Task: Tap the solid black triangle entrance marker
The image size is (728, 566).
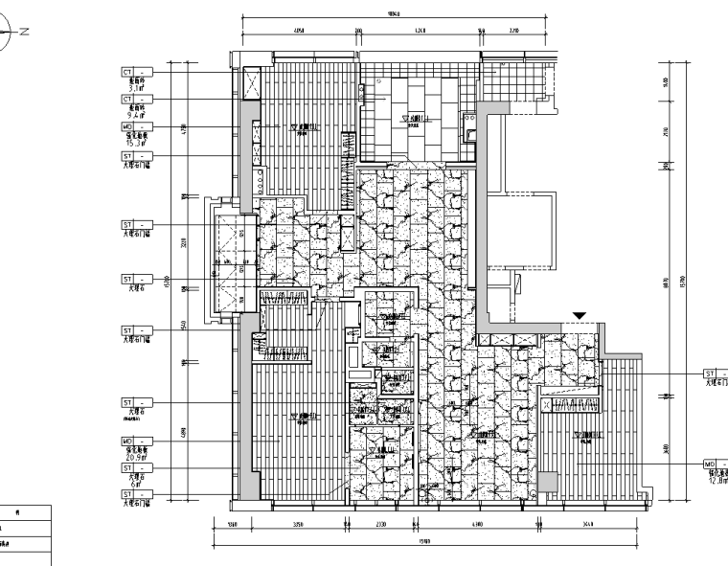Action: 579,315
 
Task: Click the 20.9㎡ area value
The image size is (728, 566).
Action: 135,456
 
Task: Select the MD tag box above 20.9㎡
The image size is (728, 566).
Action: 127,441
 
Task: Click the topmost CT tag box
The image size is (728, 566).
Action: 127,72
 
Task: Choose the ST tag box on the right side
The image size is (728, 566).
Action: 711,374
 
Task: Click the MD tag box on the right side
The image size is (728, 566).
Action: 711,462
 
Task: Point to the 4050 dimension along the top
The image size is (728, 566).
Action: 299,32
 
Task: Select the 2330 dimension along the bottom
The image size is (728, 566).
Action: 380,526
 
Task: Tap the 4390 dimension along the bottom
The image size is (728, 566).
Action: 477,526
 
